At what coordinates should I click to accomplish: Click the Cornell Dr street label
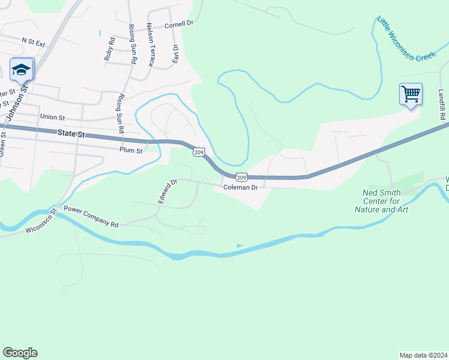(179, 25)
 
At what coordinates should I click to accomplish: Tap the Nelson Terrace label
(150, 45)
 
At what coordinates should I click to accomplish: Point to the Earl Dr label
(175, 53)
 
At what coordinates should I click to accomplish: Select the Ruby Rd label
(110, 49)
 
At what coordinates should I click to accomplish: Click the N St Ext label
(34, 41)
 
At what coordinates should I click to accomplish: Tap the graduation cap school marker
(22, 69)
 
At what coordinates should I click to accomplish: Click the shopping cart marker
(411, 94)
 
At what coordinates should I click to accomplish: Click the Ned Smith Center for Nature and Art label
(386, 201)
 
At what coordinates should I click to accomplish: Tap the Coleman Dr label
(240, 187)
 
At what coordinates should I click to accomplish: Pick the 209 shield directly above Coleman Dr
(241, 177)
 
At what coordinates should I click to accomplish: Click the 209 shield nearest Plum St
(199, 152)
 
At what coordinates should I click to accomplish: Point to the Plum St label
(131, 151)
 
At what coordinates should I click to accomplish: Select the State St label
(70, 133)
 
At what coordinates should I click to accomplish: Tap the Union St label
(52, 116)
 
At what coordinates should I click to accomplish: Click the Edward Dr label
(167, 191)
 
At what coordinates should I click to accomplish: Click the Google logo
(20, 353)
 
